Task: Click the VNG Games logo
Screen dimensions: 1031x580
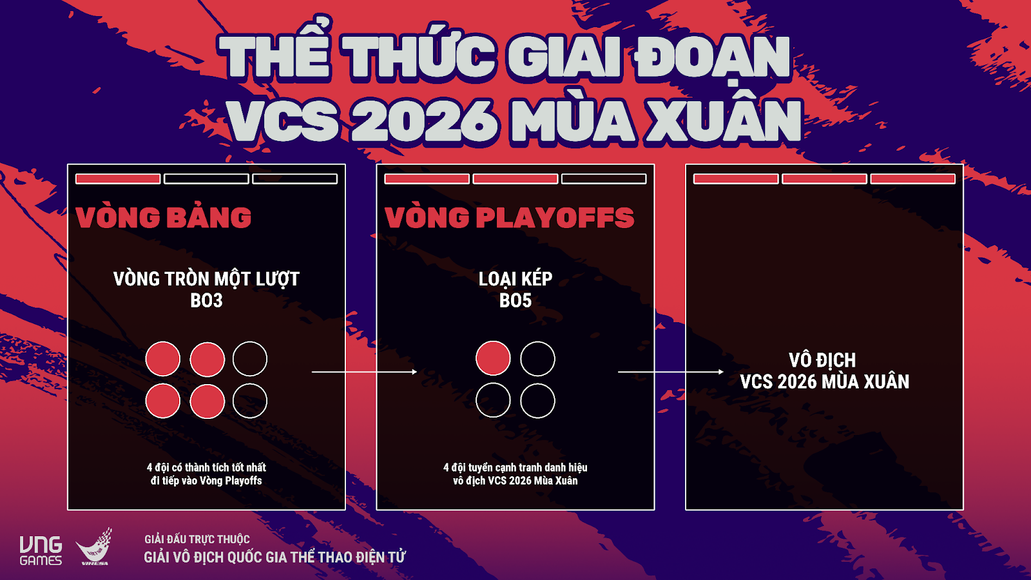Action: point(41,550)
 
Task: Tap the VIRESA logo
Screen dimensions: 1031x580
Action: point(94,547)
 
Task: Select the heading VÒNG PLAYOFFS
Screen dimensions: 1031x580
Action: point(510,217)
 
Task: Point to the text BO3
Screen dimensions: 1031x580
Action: point(207,300)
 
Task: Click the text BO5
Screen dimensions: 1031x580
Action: point(515,300)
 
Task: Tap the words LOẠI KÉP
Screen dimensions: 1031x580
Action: point(515,278)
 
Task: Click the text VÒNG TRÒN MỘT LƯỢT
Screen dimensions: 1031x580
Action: point(207,278)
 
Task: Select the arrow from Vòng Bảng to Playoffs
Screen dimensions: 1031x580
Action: point(365,371)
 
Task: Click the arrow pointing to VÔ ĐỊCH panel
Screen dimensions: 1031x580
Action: point(671,371)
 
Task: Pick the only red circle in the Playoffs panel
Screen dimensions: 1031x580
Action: point(493,358)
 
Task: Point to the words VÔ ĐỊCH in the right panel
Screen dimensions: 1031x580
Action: point(822,360)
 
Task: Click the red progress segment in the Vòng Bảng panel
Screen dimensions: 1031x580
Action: point(118,179)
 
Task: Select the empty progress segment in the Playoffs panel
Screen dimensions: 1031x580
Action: point(604,179)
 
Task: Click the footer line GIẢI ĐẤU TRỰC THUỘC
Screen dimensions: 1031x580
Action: point(197,539)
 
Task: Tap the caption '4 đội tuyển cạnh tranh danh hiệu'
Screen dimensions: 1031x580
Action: point(515,468)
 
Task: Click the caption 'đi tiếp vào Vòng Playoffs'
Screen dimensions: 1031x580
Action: point(207,481)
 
